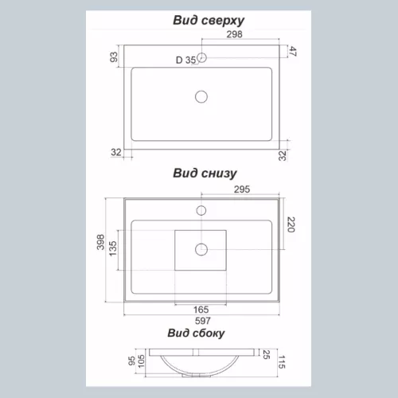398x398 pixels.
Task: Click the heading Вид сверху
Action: (x=209, y=21)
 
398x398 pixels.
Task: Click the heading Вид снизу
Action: (x=205, y=174)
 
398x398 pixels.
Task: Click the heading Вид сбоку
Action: (x=196, y=334)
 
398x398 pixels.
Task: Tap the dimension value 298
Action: (x=234, y=34)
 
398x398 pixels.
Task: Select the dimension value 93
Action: (x=114, y=57)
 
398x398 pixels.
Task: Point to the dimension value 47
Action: (x=293, y=51)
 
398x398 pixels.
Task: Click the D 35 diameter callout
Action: (x=185, y=60)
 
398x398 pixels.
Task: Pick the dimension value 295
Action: (x=242, y=189)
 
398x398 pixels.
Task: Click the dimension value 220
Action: (x=291, y=224)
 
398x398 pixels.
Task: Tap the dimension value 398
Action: (x=100, y=242)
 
